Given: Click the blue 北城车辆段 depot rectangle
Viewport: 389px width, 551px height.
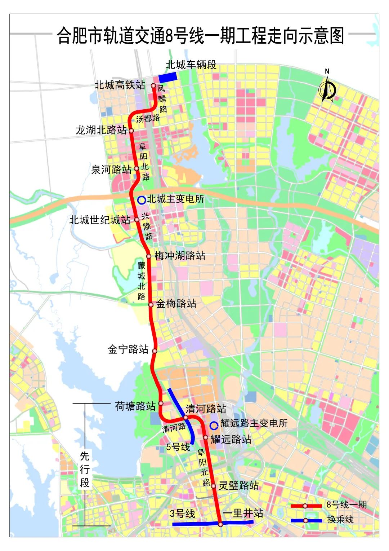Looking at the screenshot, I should (168, 77).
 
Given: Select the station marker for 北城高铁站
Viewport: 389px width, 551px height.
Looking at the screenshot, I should (153, 86).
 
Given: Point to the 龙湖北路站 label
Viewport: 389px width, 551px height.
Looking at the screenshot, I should (101, 130).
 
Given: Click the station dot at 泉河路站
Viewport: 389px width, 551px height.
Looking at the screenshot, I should (137, 168).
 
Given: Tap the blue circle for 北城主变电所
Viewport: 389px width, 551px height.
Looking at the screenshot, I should (142, 200).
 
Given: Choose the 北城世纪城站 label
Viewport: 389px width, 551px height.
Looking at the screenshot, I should (99, 220).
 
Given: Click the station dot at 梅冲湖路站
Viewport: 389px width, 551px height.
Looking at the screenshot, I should (148, 256).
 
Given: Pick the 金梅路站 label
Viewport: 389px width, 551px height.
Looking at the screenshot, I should (176, 304).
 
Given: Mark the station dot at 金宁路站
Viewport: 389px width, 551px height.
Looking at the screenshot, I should (155, 351).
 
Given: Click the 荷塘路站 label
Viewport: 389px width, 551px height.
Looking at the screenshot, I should (135, 406).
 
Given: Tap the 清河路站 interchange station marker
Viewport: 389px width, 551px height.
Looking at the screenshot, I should (186, 418).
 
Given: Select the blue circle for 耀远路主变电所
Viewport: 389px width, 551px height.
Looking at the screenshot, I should (214, 426).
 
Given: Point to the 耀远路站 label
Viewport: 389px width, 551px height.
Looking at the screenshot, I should (231, 439).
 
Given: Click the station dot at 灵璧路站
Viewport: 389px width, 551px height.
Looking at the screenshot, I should (214, 486).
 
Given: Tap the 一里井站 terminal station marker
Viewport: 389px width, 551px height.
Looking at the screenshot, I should (220, 524).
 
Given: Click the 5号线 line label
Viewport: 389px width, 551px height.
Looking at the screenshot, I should (178, 447).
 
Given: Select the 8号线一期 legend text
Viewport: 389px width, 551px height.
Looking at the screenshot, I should (346, 504).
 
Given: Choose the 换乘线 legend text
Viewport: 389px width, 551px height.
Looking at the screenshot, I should (340, 520).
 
